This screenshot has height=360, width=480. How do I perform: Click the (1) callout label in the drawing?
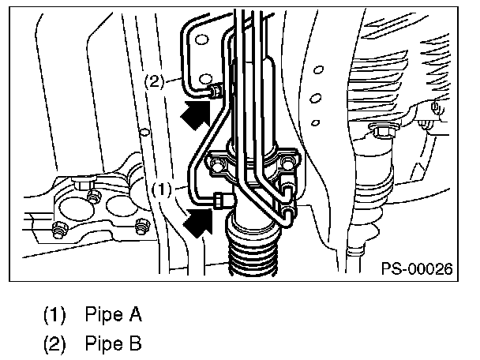pos(160,189)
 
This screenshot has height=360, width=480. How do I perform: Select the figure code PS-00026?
pos(416,269)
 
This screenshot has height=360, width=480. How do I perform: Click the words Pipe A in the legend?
pos(112,316)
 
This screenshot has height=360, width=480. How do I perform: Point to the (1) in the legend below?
pos(55,316)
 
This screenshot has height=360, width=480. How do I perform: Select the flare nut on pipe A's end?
pos(220,200)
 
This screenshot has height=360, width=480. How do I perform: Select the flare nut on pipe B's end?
pos(214,93)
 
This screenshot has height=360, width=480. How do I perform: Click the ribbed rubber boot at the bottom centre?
pos(253,251)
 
